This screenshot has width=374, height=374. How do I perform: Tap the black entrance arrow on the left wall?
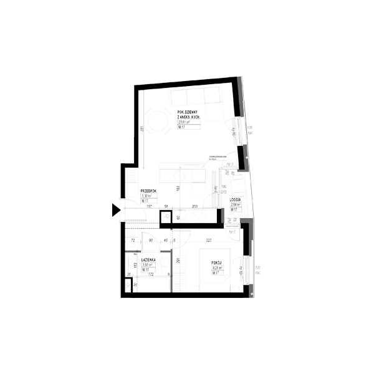[x=115, y=210]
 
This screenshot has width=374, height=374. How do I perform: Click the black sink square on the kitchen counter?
[x=166, y=218]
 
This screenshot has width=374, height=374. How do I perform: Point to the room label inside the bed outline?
[x=216, y=268]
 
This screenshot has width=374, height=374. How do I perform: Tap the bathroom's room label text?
[x=146, y=262]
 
